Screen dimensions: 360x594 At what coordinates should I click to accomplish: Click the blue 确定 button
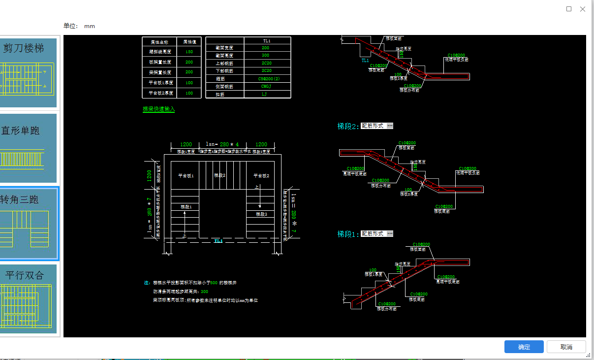pos(524,347)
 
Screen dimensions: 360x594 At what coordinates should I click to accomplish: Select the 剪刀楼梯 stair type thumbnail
pos(28,73)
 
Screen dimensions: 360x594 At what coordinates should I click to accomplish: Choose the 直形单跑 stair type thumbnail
pos(28,148)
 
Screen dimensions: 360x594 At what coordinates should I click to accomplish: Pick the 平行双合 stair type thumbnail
pos(28,299)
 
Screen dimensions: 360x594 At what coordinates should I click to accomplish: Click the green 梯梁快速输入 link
pos(158,109)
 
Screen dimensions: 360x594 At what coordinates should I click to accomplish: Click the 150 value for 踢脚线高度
pos(189,52)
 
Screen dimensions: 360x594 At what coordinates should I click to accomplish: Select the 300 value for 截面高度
pos(265,56)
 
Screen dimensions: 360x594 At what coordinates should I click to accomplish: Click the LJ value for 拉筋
pos(264,94)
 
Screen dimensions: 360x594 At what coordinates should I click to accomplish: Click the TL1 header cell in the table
pos(266,40)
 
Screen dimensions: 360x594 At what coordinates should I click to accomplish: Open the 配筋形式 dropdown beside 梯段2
pos(377,126)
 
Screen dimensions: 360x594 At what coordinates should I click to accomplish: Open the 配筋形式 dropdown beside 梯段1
pos(377,233)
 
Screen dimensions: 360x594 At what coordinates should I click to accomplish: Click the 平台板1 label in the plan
pos(186,175)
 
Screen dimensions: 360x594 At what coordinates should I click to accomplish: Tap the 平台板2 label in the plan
pos(261,175)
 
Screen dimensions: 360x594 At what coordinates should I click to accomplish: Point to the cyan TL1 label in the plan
pos(218,241)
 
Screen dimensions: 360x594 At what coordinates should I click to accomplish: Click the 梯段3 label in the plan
pos(261,214)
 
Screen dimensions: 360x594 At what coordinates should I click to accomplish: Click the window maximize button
pos(569,9)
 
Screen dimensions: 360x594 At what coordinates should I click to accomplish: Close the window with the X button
pos(583,9)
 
